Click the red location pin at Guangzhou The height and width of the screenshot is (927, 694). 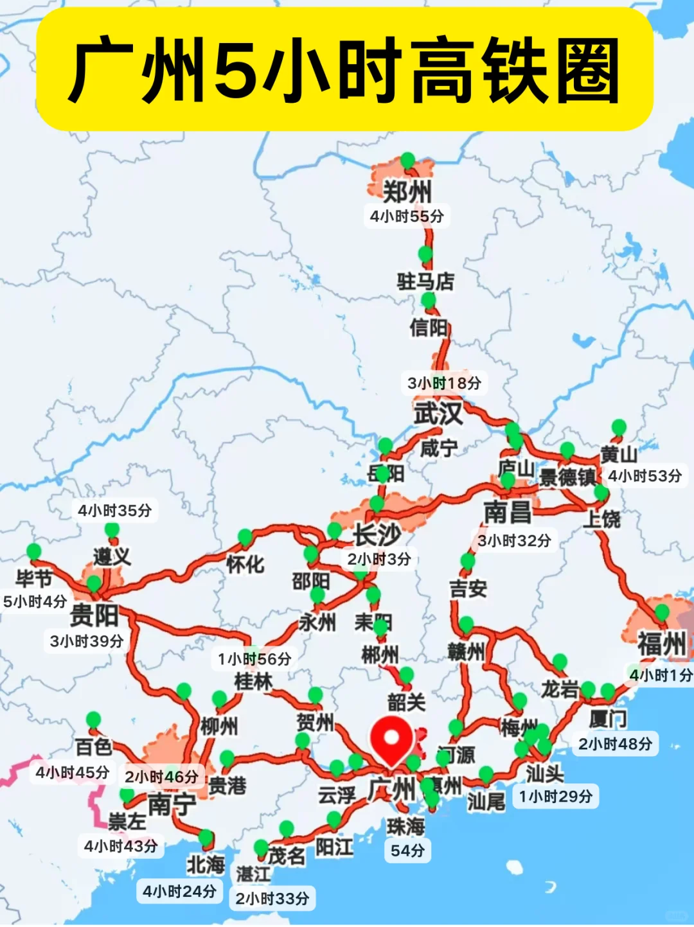point(391,739)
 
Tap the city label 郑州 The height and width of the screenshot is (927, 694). point(407,191)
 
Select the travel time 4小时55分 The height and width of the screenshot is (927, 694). point(407,216)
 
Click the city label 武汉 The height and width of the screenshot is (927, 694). point(438,413)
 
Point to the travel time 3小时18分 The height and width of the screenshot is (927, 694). point(444,384)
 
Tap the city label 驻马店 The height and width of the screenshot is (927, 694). point(425,281)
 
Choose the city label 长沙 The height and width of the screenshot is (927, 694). point(377,534)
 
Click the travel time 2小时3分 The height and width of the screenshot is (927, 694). point(379,559)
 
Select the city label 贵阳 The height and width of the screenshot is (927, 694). point(94,615)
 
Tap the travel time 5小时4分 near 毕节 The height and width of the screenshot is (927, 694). point(35,602)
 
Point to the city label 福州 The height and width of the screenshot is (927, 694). point(662,643)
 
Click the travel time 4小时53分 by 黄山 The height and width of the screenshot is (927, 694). point(645,476)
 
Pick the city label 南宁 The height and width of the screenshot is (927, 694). point(172,804)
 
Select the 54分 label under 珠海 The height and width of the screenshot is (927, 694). point(407,851)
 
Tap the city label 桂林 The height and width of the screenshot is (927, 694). point(253,682)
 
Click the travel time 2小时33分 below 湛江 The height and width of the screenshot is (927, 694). point(272,899)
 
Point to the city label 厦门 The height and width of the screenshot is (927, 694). point(608,718)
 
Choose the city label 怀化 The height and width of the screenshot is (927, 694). point(245,565)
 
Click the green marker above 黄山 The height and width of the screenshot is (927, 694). point(619,427)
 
